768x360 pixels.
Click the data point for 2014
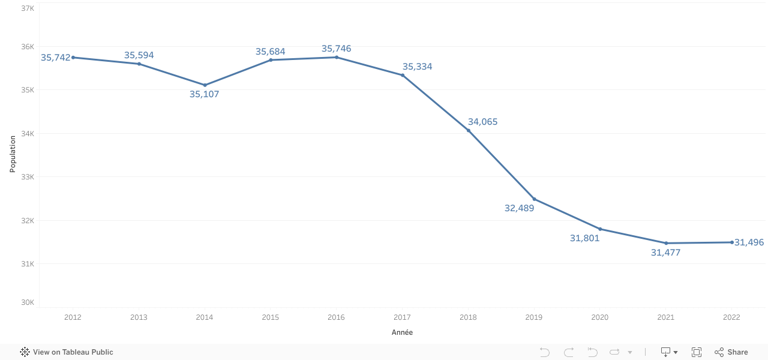pyautogui.click(x=205, y=85)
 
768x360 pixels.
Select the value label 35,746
pyautogui.click(x=336, y=49)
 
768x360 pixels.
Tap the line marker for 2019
pyautogui.click(x=534, y=199)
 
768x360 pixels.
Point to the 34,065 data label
pyautogui.click(x=482, y=122)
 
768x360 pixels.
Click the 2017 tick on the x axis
pyautogui.click(x=402, y=317)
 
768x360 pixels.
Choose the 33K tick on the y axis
pyautogui.click(x=27, y=177)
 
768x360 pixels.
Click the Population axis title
pyautogui.click(x=13, y=154)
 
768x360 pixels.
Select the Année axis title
pyautogui.click(x=402, y=332)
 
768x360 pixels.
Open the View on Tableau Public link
pyautogui.click(x=67, y=352)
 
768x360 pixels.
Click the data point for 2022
pyautogui.click(x=732, y=242)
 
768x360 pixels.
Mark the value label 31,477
pyautogui.click(x=665, y=253)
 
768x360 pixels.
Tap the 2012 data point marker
pyautogui.click(x=73, y=58)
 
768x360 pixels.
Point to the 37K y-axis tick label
pyautogui.click(x=27, y=8)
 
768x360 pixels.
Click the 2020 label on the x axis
pyautogui.click(x=600, y=317)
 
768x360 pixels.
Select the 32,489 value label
pyautogui.click(x=519, y=208)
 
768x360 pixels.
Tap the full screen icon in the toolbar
pyautogui.click(x=697, y=352)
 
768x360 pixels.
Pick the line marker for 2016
pyautogui.click(x=337, y=58)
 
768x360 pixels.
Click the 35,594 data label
pyautogui.click(x=139, y=55)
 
